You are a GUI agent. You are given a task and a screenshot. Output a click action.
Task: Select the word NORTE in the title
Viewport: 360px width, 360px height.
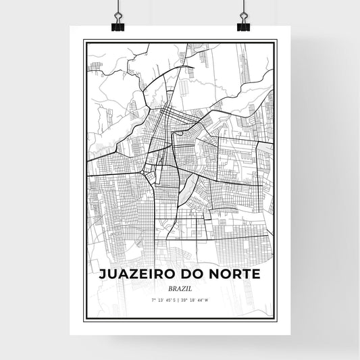point(238,275)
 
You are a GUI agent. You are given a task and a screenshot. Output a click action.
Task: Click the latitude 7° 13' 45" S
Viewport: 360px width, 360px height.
point(164,299)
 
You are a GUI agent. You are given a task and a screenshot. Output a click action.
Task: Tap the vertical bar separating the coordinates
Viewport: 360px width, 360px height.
point(180,299)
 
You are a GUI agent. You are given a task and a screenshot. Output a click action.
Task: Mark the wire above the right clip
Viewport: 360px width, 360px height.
point(243,7)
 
